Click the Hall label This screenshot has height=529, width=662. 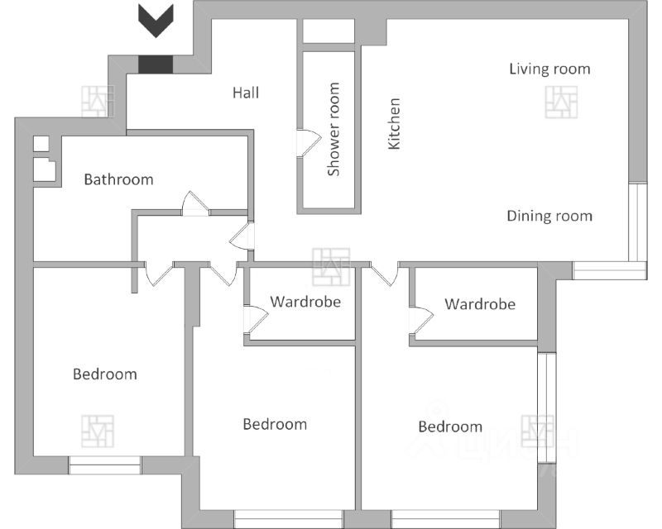pos(246,93)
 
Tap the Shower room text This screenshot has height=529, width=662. pos(333,129)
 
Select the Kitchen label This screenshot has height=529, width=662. pos(394,124)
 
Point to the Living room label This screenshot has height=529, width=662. pos(549,69)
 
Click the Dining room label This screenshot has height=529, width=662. pos(549,216)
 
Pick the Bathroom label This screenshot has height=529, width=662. pos(118,179)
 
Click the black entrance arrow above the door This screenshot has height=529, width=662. pos(156,21)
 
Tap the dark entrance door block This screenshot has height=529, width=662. pos(156,64)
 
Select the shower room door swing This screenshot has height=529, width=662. pos(309,144)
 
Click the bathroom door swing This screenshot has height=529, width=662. pos(195,204)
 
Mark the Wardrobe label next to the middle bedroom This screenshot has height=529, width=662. pos(305,302)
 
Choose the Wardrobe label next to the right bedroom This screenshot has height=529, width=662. pos(480,304)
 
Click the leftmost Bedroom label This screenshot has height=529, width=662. pos(105,374)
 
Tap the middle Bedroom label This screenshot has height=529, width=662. pos(275,424)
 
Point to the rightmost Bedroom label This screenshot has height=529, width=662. pos(450,427)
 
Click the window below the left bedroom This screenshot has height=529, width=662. pos(105,465)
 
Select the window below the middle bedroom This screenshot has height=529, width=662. pos(289,518)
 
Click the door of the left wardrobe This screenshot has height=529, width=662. pos(256,320)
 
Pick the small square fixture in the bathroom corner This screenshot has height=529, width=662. pos(41,144)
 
